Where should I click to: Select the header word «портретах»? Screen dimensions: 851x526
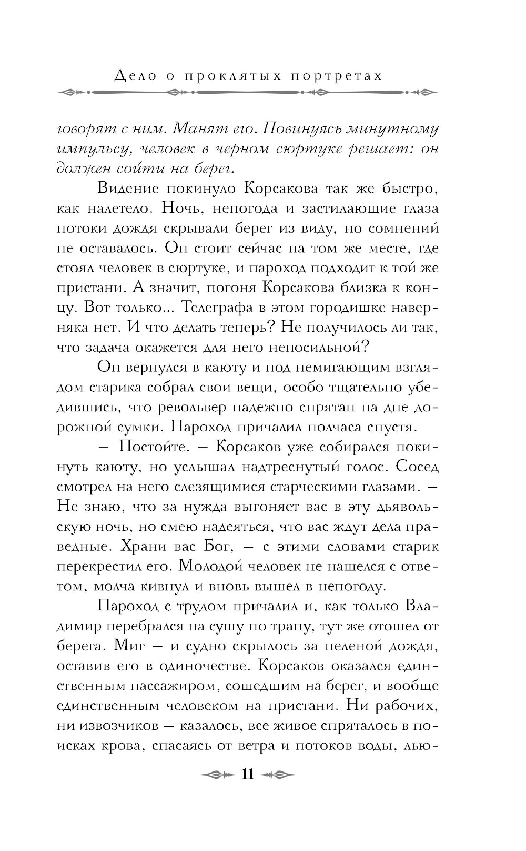coord(336,76)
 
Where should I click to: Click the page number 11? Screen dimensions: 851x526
coord(247,775)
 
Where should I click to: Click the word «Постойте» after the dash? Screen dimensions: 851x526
coord(153,447)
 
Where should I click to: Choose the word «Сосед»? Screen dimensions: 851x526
coord(417,467)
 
